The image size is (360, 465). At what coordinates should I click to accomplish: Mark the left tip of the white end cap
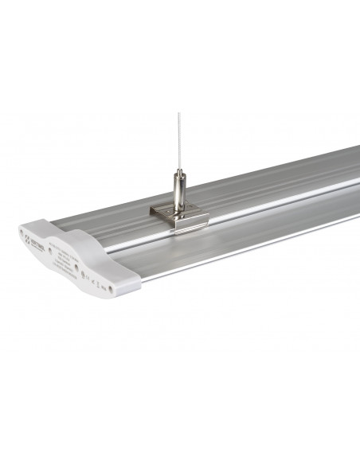[18, 236]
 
